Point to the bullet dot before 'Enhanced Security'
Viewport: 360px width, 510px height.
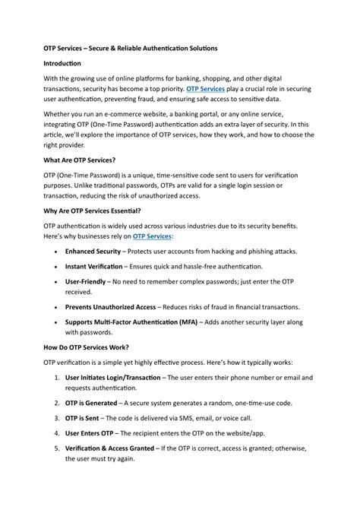pos(58,272)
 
